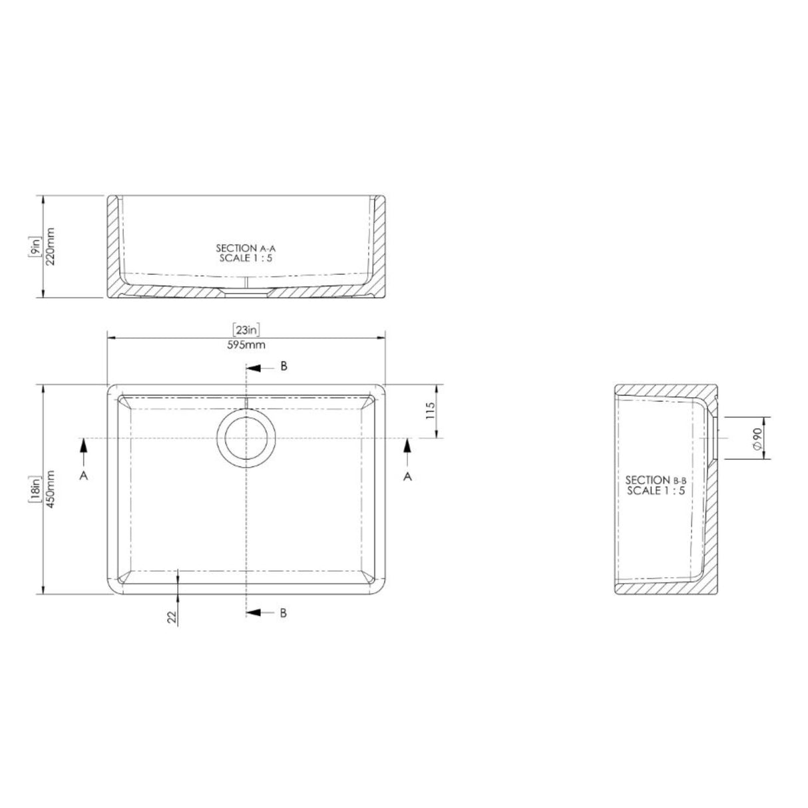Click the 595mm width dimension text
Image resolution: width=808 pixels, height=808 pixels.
tap(246, 345)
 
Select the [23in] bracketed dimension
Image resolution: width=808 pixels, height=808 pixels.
tap(246, 329)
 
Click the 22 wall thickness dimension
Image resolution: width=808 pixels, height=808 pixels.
tap(172, 618)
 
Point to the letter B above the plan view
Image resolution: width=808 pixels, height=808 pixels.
tap(284, 367)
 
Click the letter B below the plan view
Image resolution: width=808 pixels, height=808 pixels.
tap(284, 613)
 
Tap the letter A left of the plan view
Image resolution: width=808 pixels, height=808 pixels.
tap(84, 476)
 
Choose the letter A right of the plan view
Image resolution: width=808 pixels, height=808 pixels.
tap(408, 476)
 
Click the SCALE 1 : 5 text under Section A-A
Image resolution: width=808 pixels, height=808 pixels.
tap(246, 258)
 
